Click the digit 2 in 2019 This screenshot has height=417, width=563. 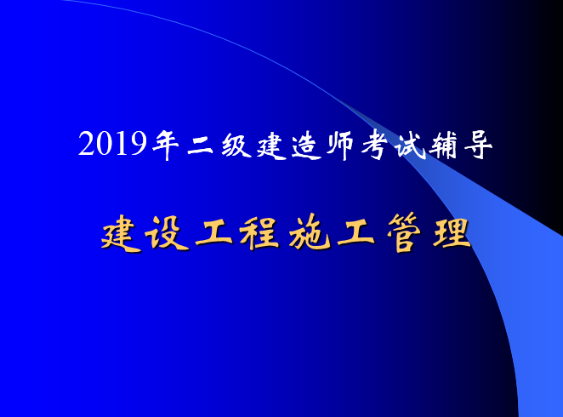(x=86, y=145)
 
